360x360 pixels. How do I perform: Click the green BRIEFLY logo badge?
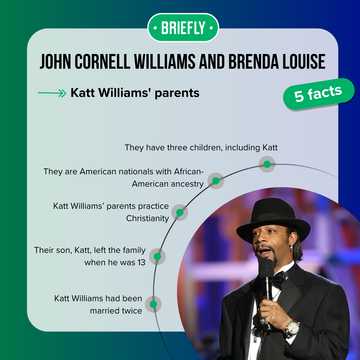click(x=179, y=27)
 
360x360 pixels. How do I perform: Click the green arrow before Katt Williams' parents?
click(x=49, y=93)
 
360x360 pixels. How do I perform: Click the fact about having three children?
click(x=201, y=147)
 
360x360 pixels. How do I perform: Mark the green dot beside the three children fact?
click(x=267, y=163)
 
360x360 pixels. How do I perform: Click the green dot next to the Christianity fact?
click(x=179, y=212)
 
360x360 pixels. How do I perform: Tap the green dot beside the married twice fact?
click(x=153, y=302)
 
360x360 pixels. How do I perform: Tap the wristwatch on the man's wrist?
click(x=291, y=327)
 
